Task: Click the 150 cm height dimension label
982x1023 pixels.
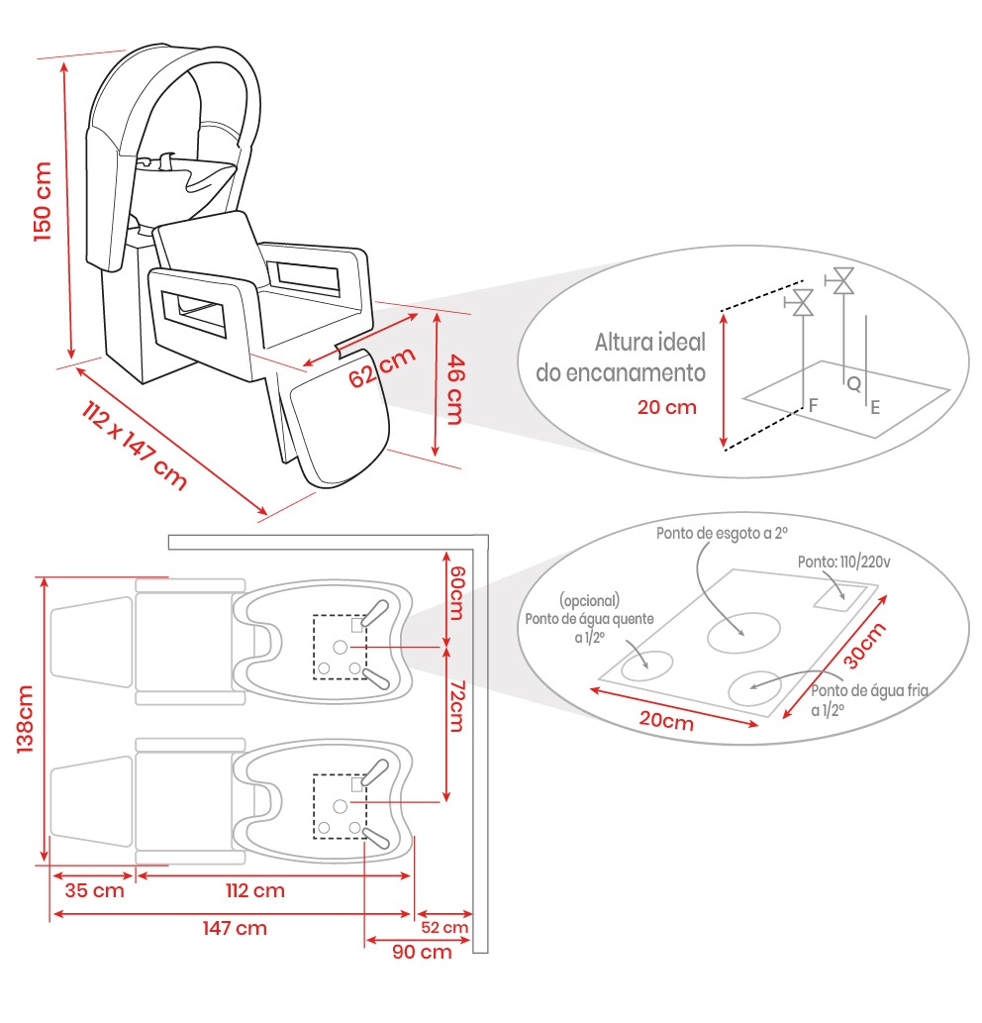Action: click(x=43, y=201)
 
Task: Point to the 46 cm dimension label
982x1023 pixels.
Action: click(x=452, y=389)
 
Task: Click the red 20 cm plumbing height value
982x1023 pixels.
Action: click(x=667, y=407)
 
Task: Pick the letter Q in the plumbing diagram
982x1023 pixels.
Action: click(x=852, y=384)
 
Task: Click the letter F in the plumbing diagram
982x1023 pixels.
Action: click(x=813, y=405)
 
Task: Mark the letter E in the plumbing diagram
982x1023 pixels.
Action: click(x=875, y=406)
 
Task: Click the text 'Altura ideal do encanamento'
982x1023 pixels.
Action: click(x=621, y=358)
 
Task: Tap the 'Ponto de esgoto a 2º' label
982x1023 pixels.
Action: click(x=722, y=533)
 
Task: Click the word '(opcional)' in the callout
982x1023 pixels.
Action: click(x=589, y=601)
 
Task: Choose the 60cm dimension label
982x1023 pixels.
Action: click(x=457, y=592)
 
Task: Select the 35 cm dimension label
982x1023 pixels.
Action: click(x=94, y=890)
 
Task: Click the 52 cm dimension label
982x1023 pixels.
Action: click(x=444, y=928)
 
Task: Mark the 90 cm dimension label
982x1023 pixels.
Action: click(x=421, y=952)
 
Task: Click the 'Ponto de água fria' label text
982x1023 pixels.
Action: click(x=869, y=691)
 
